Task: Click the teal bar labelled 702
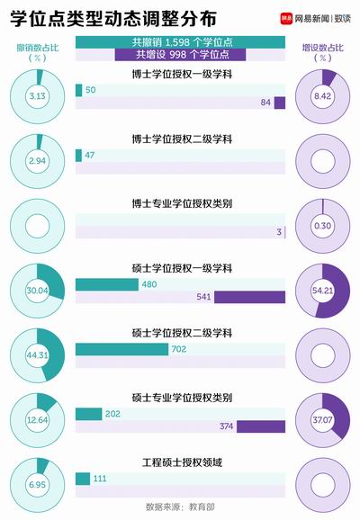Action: pyautogui.click(x=121, y=350)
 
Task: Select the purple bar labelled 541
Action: pyautogui.click(x=249, y=297)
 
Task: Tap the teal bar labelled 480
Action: pyautogui.click(x=107, y=284)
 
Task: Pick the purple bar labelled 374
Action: pyautogui.click(x=261, y=426)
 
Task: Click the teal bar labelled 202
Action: pyautogui.click(x=88, y=414)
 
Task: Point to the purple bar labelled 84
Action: pyautogui.click(x=280, y=103)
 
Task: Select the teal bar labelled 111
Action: pyautogui.click(x=83, y=479)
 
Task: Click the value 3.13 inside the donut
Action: pyautogui.click(x=37, y=96)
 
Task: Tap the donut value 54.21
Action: pyautogui.click(x=322, y=291)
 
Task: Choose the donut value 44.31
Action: pyautogui.click(x=37, y=355)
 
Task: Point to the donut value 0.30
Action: pyautogui.click(x=322, y=226)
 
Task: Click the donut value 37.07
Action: pyautogui.click(x=322, y=420)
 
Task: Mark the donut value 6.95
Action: pyautogui.click(x=37, y=485)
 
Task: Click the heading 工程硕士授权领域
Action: pyautogui.click(x=182, y=462)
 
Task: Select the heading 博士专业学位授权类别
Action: pyautogui.click(x=182, y=203)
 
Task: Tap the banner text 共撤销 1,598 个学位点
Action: pyautogui.click(x=182, y=42)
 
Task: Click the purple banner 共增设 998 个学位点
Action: pyautogui.click(x=181, y=55)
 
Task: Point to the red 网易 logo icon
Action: pyautogui.click(x=286, y=18)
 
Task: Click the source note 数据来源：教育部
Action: pyautogui.click(x=180, y=507)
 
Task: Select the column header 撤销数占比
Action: pyautogui.click(x=38, y=48)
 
